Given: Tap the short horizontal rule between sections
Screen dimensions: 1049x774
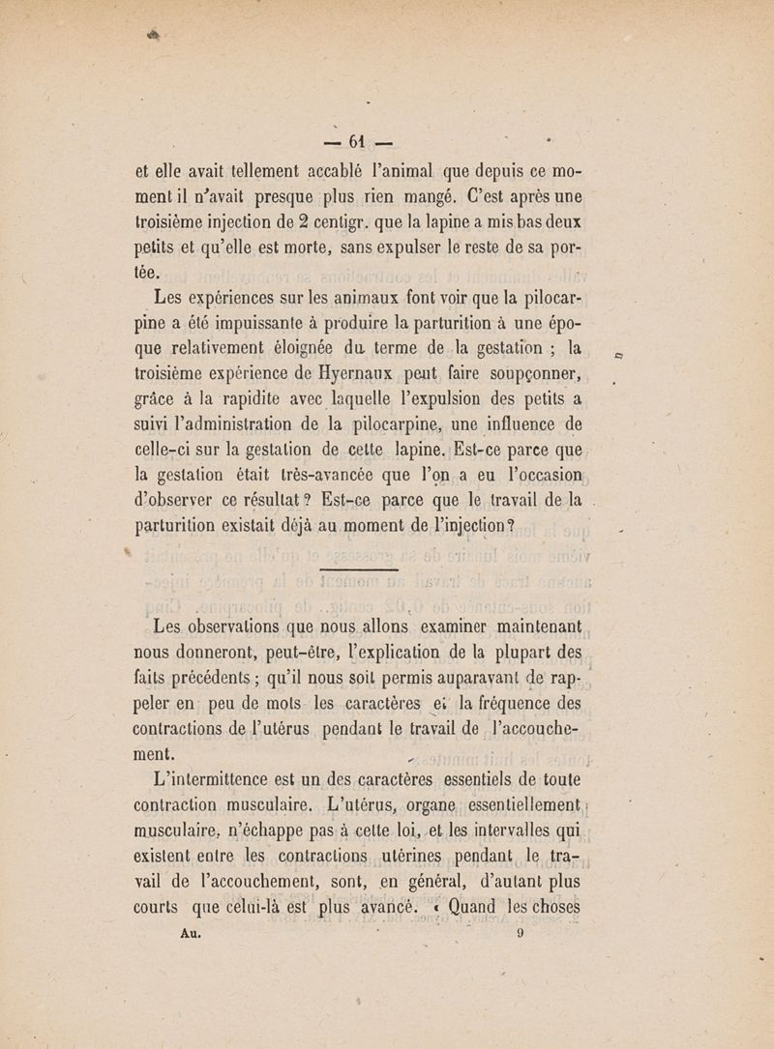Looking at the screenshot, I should pyautogui.click(x=358, y=571).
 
